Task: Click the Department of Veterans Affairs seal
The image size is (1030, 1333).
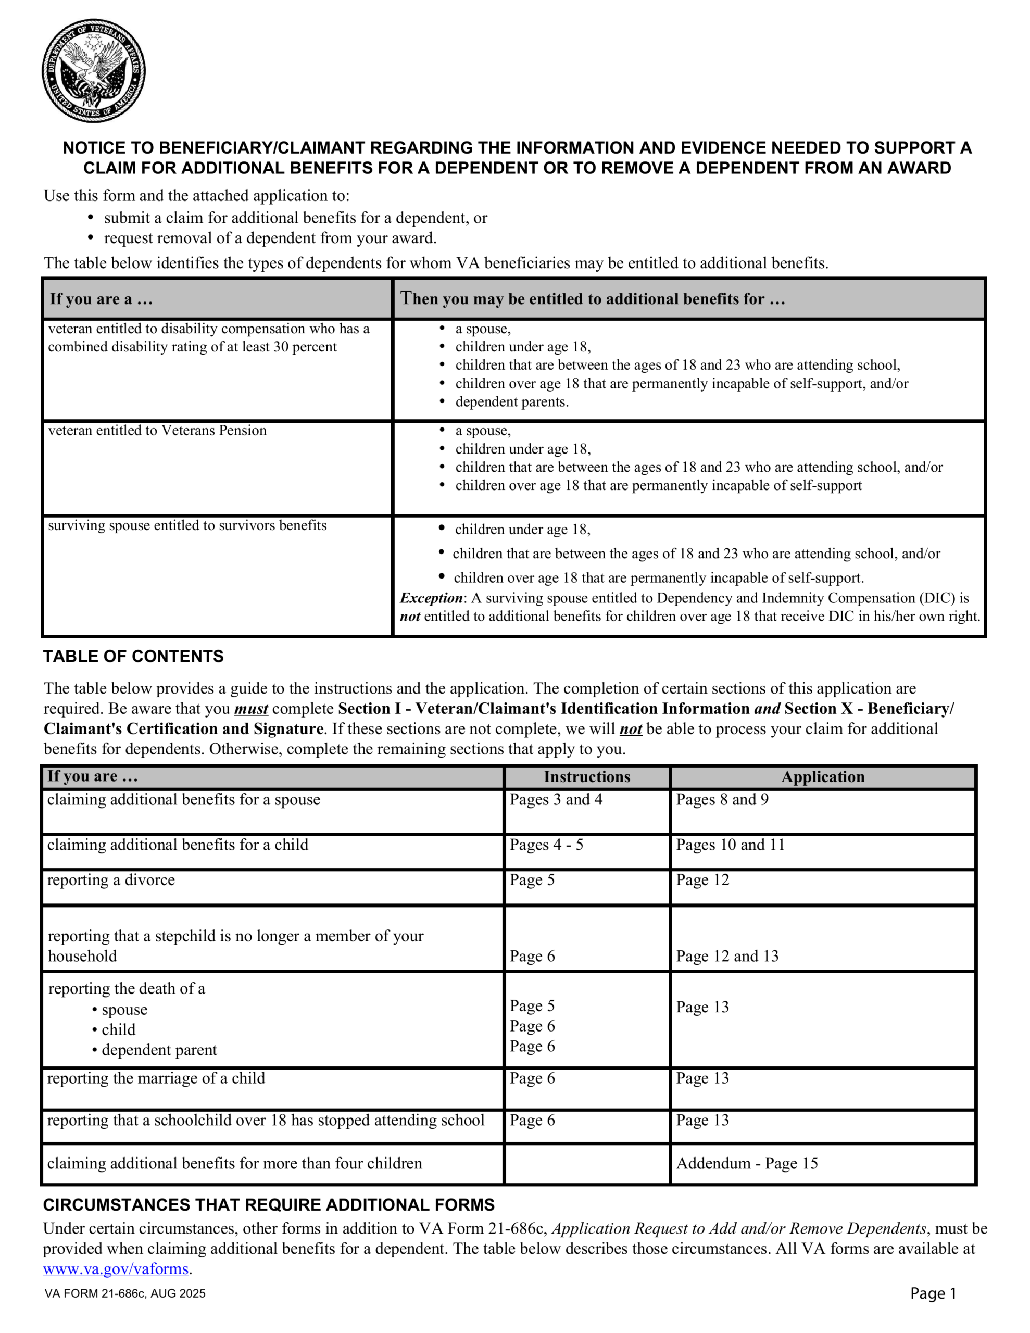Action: [93, 71]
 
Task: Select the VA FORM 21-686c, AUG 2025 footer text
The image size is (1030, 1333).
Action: [125, 1294]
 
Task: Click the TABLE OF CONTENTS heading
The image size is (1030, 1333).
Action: [133, 656]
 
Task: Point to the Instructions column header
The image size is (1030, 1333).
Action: [587, 776]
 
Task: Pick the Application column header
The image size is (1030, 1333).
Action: [822, 776]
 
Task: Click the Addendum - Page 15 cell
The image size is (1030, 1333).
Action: [747, 1163]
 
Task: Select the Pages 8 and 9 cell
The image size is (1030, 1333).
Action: [722, 800]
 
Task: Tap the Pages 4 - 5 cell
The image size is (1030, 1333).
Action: [546, 845]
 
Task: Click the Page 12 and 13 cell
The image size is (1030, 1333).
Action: [727, 956]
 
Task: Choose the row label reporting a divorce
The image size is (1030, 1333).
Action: [111, 879]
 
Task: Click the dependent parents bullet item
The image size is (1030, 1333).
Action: [512, 401]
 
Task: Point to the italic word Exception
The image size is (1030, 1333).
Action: [431, 598]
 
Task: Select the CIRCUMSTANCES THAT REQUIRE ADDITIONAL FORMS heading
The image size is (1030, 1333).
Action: [269, 1205]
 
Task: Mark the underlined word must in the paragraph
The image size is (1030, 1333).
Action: [251, 709]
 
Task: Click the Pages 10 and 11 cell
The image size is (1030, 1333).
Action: [730, 845]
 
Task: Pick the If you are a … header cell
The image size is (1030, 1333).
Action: [102, 299]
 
